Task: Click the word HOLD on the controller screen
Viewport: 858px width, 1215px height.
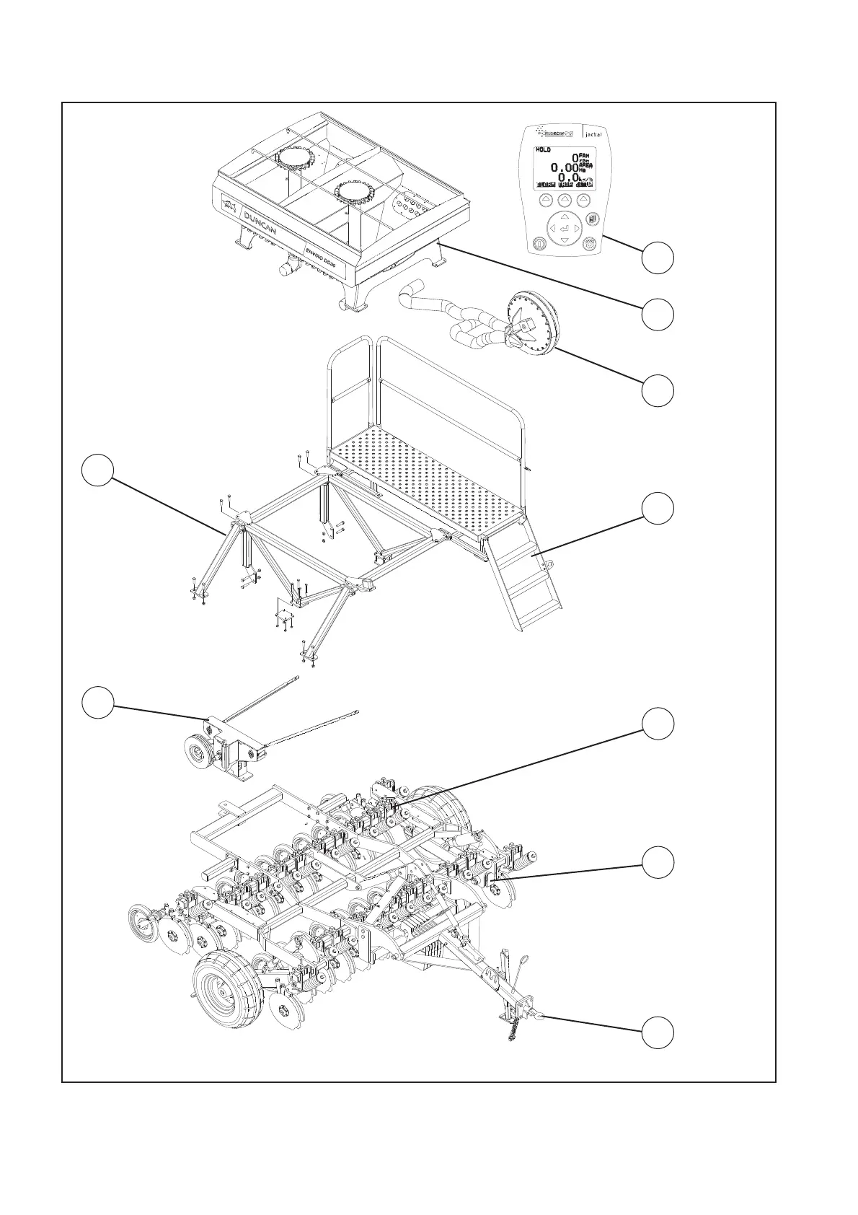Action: pos(543,150)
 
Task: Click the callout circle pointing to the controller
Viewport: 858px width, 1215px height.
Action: pos(658,258)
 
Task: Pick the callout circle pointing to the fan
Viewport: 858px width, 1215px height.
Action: pos(658,390)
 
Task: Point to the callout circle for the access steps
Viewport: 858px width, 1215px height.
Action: pos(658,509)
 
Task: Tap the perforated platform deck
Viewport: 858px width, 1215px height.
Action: pos(425,476)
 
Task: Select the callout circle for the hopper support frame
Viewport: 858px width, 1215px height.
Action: pos(97,470)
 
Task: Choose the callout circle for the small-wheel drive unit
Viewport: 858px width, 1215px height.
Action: pos(97,703)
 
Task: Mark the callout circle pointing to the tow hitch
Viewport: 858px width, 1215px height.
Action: pos(658,1032)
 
